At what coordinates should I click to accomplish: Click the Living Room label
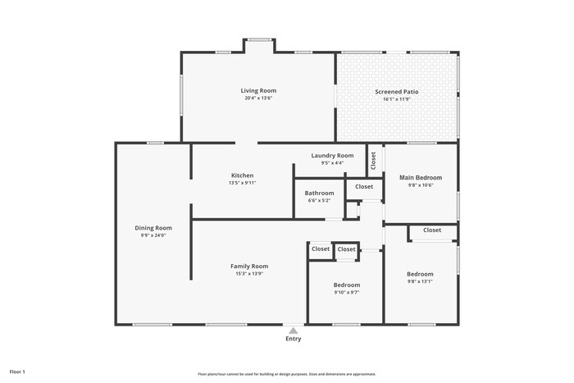(x=258, y=91)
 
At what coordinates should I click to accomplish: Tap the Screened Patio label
(x=396, y=92)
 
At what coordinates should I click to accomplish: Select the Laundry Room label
(x=332, y=156)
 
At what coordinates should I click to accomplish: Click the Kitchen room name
(x=242, y=176)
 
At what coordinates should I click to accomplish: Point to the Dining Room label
(x=153, y=228)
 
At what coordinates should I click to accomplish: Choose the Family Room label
(x=248, y=267)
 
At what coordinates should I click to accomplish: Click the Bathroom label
(x=319, y=194)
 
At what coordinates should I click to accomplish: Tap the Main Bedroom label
(x=421, y=178)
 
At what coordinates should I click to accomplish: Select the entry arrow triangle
(x=293, y=330)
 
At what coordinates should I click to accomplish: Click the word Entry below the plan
(x=293, y=339)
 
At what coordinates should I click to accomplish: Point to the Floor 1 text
(x=17, y=372)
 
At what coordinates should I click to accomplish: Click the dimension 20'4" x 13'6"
(x=258, y=98)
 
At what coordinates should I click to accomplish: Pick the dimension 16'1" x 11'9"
(x=396, y=99)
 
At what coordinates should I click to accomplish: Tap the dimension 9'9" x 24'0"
(x=153, y=235)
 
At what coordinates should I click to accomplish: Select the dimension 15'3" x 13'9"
(x=248, y=274)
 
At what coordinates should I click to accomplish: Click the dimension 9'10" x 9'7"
(x=346, y=292)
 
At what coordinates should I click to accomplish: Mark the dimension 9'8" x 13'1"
(x=420, y=281)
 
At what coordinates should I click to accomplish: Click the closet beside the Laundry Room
(x=373, y=161)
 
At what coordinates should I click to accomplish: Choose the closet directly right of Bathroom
(x=363, y=187)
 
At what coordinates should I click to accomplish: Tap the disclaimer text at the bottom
(x=296, y=374)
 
